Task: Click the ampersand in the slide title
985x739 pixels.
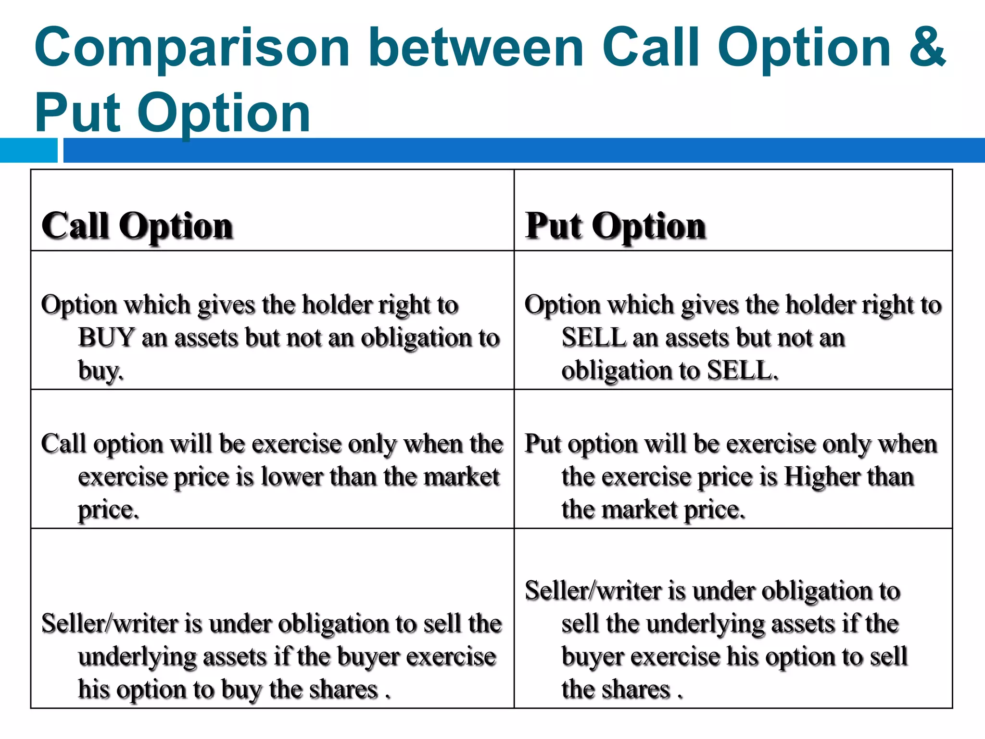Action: pos(926,47)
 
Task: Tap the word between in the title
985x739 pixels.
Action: pos(476,47)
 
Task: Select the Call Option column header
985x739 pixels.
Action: pos(138,226)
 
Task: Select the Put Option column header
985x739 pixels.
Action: pos(615,226)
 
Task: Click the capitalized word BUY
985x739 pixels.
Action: pos(106,337)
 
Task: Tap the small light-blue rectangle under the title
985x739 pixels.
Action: pos(28,150)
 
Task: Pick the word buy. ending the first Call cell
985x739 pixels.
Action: pos(101,371)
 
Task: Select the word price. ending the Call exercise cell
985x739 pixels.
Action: pos(109,510)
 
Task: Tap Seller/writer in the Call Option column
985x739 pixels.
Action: pos(110,624)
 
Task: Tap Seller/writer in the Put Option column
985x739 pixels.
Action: pos(593,591)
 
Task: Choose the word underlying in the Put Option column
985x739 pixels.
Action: pos(704,624)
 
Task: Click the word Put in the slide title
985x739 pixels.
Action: pos(77,113)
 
